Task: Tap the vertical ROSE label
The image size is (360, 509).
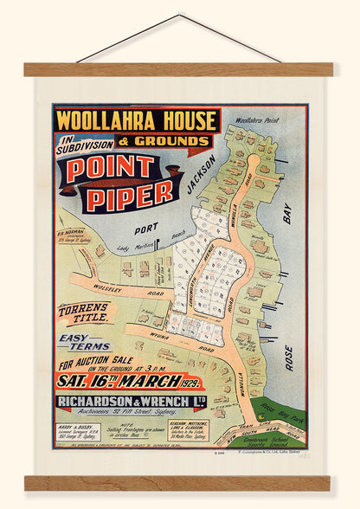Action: pos(289,357)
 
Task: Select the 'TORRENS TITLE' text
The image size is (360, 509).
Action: pos(84,313)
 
